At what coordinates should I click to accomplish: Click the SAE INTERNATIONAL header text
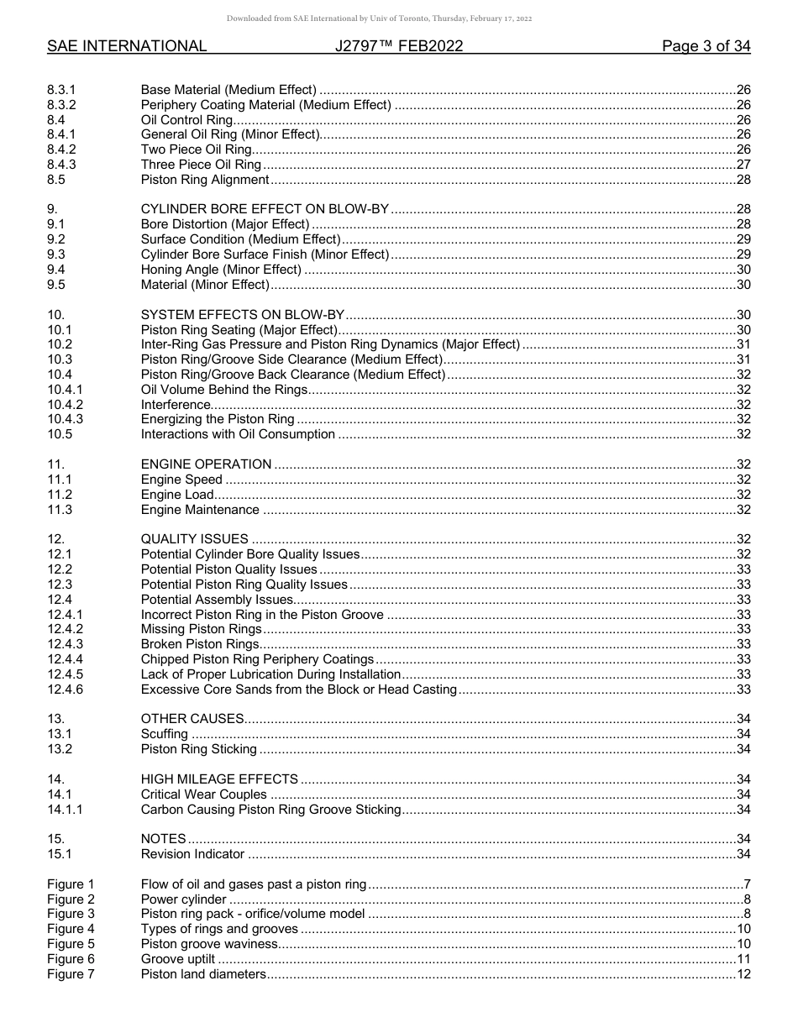click(127, 46)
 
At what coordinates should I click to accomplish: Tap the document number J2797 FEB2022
click(398, 46)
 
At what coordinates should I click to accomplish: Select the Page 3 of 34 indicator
click(706, 46)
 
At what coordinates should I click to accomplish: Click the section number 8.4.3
click(61, 165)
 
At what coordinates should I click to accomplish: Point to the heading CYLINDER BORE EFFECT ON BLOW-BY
click(265, 209)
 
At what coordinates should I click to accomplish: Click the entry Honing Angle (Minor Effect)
click(221, 270)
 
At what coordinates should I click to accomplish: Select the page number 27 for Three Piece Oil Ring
click(743, 165)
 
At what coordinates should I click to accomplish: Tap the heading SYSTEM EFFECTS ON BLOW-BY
click(243, 315)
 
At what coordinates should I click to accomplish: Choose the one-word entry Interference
click(176, 405)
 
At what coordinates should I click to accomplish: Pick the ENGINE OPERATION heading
click(206, 464)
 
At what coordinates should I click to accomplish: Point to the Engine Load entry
click(177, 495)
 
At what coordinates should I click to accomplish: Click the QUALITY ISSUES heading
click(195, 539)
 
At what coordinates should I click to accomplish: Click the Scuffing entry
click(164, 734)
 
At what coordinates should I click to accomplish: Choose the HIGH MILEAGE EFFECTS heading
click(219, 779)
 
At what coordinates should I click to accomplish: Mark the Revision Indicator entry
click(192, 854)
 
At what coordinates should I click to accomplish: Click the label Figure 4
click(71, 929)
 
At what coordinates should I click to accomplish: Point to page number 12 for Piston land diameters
click(743, 974)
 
